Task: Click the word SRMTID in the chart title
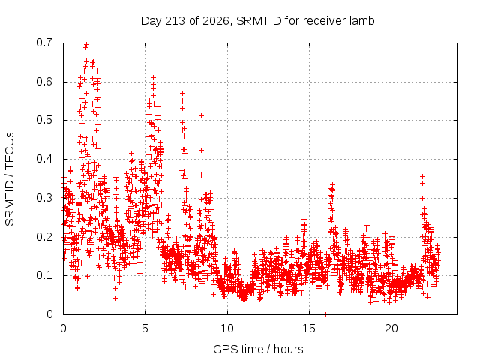(259, 21)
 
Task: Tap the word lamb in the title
(363, 21)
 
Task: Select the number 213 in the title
(175, 21)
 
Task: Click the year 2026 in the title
(216, 21)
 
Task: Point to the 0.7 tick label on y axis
(44, 43)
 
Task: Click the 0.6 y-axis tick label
(44, 82)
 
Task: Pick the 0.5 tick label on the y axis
(44, 120)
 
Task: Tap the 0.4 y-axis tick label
(44, 159)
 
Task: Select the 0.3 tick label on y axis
(44, 198)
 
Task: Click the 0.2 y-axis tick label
(44, 237)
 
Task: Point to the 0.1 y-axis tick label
(44, 275)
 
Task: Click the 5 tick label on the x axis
(145, 328)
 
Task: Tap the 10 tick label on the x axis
(227, 328)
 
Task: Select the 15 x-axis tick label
(309, 328)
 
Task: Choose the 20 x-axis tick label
(391, 328)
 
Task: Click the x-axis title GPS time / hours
(258, 349)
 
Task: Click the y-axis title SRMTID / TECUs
(10, 179)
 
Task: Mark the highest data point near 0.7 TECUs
(87, 44)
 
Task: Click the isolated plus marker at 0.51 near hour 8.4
(201, 115)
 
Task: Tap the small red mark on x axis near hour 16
(325, 314)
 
